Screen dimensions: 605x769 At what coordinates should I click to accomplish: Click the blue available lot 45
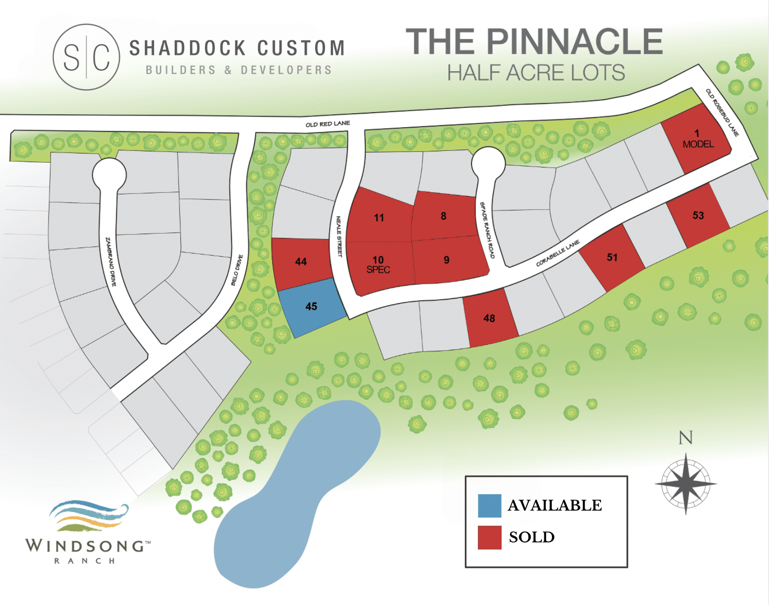point(311,307)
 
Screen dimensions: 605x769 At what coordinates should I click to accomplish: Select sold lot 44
point(301,262)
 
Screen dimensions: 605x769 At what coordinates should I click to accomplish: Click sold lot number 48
point(489,318)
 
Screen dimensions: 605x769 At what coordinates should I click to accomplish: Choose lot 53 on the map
point(698,216)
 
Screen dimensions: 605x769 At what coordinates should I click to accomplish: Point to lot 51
point(612,258)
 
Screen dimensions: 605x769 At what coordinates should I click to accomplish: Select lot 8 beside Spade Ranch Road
point(443,216)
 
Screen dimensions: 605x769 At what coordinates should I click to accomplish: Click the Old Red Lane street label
point(328,124)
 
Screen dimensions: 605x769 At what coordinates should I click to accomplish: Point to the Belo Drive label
point(237,270)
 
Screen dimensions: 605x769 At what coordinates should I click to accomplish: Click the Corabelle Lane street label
point(558,253)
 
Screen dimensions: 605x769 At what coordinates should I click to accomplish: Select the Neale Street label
point(339,236)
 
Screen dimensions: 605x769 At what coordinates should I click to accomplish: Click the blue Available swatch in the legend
point(489,506)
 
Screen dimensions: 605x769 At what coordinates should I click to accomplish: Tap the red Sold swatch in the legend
point(489,537)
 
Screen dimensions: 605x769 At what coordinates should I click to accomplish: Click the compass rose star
point(686,483)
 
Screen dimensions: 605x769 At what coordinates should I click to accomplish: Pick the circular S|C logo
point(86,57)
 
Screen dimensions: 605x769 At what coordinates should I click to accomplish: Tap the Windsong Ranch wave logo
point(89,515)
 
